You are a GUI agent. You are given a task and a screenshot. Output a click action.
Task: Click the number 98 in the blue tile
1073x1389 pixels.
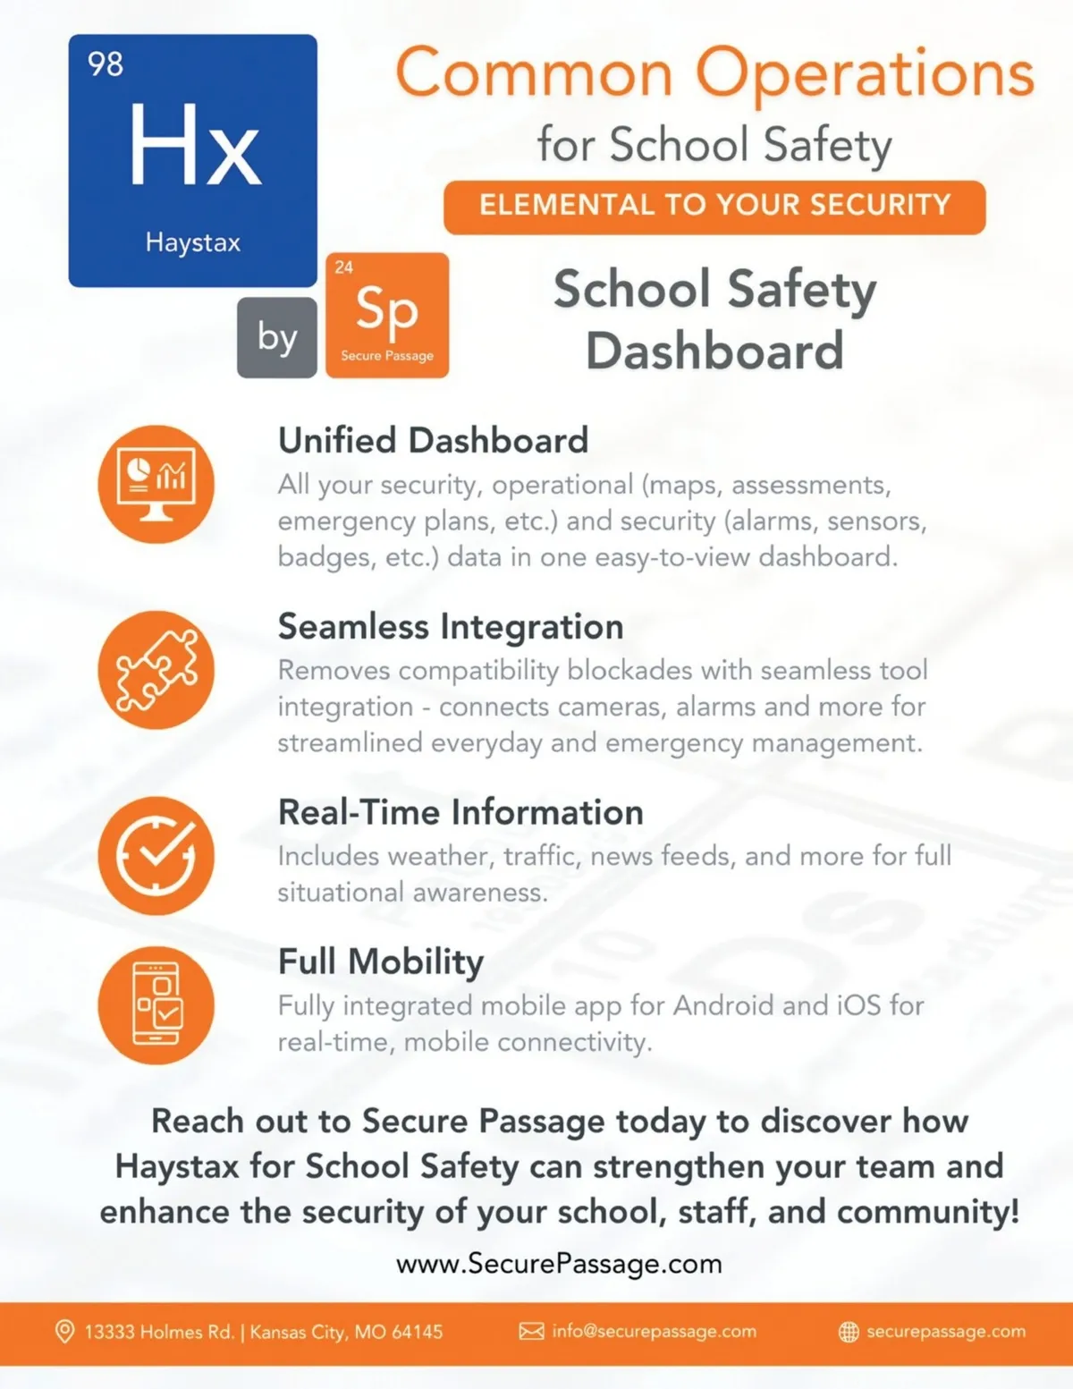(106, 64)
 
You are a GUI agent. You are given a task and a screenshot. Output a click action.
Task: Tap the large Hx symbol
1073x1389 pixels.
(195, 145)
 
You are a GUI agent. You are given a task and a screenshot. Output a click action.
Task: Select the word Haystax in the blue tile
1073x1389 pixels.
(193, 242)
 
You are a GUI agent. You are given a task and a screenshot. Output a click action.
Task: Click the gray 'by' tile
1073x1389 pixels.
(277, 337)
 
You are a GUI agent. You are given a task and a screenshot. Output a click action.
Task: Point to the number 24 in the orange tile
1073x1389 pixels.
(344, 267)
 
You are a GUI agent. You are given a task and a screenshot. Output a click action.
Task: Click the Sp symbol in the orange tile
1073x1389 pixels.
(386, 309)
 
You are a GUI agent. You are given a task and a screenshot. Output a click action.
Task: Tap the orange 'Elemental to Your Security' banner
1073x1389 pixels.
(714, 207)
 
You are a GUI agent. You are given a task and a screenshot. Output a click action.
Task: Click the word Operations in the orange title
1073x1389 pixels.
(865, 73)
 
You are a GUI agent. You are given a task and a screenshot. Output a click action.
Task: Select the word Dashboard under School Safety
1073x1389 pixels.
(714, 351)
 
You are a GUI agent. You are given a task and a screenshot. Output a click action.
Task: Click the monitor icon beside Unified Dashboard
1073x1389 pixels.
(156, 484)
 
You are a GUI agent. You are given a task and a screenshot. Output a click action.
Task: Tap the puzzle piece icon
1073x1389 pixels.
(156, 670)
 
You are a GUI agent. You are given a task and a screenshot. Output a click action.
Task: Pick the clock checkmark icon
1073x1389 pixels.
(156, 855)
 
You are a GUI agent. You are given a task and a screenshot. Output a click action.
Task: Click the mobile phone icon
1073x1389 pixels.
(156, 1004)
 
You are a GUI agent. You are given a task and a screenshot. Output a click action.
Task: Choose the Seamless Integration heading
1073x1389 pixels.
(451, 627)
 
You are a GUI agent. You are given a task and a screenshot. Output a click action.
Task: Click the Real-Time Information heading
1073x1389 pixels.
(460, 812)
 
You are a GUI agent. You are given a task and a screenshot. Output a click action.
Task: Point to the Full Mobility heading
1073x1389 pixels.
(381, 961)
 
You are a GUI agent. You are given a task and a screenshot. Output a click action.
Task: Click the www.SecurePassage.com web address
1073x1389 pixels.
(559, 1264)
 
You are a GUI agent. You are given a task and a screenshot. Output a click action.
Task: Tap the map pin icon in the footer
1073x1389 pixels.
(64, 1332)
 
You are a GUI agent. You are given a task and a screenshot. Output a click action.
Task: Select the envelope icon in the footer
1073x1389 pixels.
(531, 1332)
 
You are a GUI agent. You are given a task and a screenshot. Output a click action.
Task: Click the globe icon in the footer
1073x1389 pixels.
(849, 1332)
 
